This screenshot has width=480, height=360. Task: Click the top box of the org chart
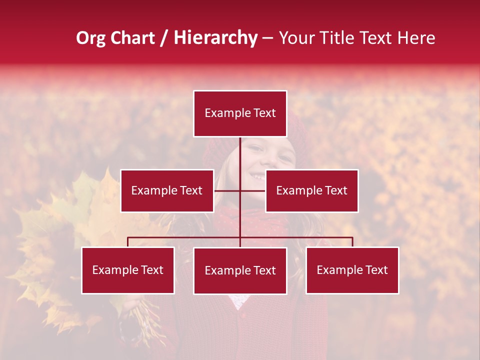[240, 113]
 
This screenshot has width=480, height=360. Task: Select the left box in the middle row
[167, 190]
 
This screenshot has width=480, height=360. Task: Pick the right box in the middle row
[312, 190]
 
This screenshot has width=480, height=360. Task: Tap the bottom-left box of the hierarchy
[128, 270]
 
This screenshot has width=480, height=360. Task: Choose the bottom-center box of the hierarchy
[240, 270]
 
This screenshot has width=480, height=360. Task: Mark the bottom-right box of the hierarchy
[352, 270]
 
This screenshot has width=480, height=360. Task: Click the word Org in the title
[90, 38]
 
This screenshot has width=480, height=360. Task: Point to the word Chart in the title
[132, 38]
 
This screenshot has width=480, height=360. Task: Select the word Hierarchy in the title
[215, 38]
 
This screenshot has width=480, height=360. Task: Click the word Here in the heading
[415, 38]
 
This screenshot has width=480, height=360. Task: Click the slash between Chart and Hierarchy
[164, 38]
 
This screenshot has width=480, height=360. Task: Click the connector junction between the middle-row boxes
[240, 190]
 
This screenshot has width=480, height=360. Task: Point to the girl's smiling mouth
[259, 176]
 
